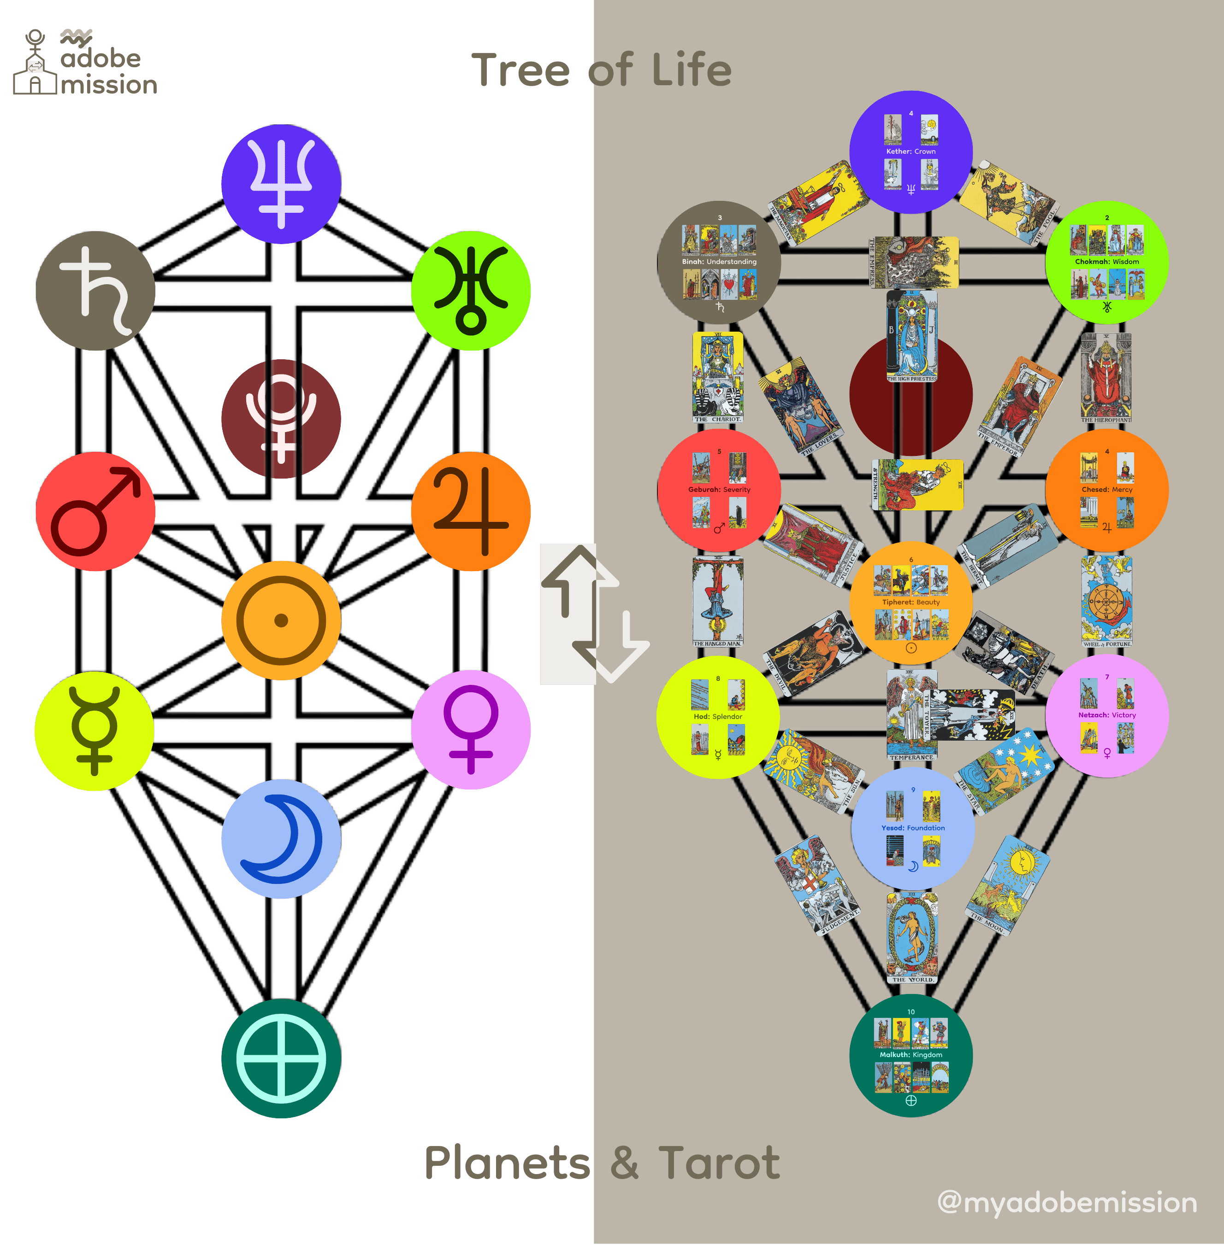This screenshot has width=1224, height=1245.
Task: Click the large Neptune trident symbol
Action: pos(281,183)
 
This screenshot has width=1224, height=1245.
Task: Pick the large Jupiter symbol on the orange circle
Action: pos(471,511)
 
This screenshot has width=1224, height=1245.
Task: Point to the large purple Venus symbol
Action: pos(471,729)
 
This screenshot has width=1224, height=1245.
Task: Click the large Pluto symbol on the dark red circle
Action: pos(281,418)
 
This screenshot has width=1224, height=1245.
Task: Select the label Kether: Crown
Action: pos(911,152)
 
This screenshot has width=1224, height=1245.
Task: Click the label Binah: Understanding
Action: pos(719,262)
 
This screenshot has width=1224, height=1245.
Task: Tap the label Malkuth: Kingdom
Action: pos(911,1055)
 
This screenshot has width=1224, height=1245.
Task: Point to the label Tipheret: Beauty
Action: pos(911,602)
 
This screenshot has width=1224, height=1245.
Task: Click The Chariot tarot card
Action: pos(718,377)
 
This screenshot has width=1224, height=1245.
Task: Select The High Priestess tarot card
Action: pos(911,335)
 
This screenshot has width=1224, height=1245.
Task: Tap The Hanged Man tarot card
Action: pos(718,601)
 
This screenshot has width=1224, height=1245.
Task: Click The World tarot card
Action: pos(911,937)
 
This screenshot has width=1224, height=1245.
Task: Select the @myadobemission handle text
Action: pos(1067,1203)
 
